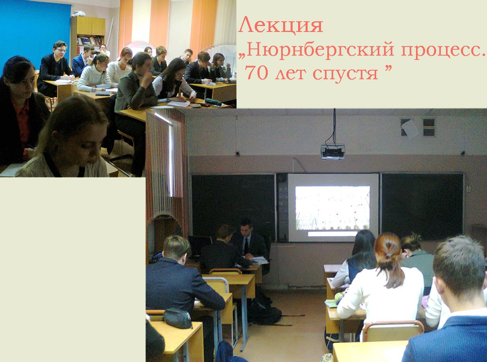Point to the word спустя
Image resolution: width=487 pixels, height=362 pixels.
pyautogui.click(x=345, y=74)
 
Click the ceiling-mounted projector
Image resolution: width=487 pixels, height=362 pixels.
pyautogui.click(x=333, y=151)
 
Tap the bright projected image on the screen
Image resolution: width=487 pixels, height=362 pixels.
pyautogui.click(x=332, y=208)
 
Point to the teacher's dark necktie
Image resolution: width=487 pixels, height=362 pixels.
pyautogui.click(x=246, y=246)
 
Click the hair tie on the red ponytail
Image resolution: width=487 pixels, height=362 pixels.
pyautogui.click(x=389, y=256)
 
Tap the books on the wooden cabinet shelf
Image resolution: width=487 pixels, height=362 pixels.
pyautogui.click(x=90, y=41)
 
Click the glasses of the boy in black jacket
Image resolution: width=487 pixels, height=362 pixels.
pyautogui.click(x=61, y=50)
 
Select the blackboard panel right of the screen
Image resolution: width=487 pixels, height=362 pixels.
pyautogui.click(x=422, y=207)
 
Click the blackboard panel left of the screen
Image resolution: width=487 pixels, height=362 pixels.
pyautogui.click(x=233, y=205)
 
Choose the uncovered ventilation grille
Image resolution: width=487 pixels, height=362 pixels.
pyautogui.click(x=429, y=128)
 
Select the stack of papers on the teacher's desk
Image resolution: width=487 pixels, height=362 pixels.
pyautogui.click(x=259, y=260)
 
